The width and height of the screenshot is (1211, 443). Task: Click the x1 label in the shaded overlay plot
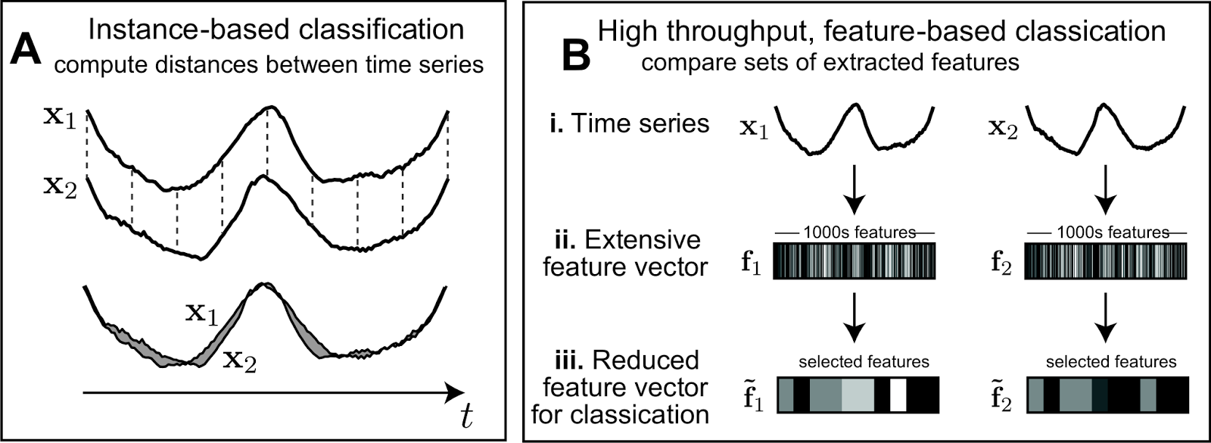(x=201, y=314)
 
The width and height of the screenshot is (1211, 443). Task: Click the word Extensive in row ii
(x=643, y=240)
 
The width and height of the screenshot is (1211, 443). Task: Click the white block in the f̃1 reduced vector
(x=898, y=395)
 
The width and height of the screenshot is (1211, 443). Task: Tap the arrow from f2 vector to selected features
(x=1106, y=319)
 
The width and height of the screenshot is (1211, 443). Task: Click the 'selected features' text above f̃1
(x=864, y=362)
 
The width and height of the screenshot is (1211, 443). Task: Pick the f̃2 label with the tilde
(x=1001, y=398)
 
